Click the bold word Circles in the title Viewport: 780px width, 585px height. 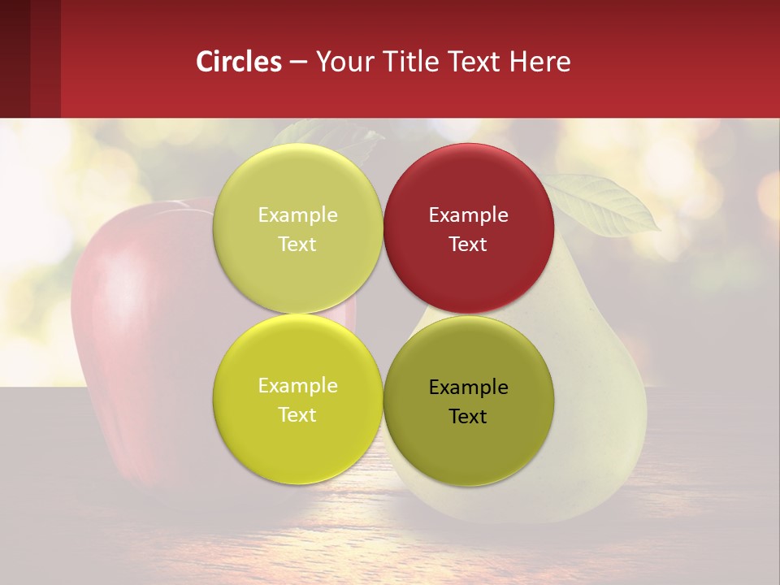[x=239, y=62]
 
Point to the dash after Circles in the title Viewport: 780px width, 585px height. [x=298, y=63]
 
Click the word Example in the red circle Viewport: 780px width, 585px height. [x=468, y=215]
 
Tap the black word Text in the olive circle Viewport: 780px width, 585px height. [x=468, y=416]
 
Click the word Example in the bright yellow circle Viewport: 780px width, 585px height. [x=297, y=386]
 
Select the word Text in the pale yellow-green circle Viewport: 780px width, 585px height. [x=297, y=245]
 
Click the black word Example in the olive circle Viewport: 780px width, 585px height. [x=468, y=387]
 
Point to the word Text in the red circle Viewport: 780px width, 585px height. [x=468, y=245]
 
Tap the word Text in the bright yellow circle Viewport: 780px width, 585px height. [x=297, y=414]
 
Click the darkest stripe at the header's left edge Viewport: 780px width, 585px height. [x=15, y=58]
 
